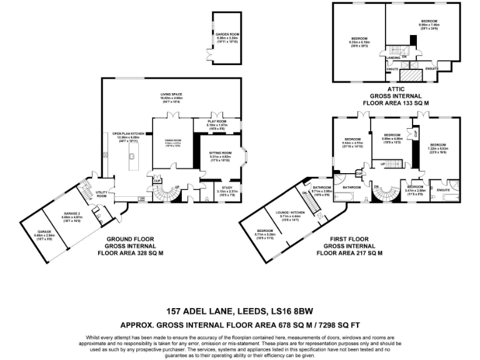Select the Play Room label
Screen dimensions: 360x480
tap(215, 123)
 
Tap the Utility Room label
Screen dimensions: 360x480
tap(101, 195)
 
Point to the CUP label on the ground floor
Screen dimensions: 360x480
tap(156, 181)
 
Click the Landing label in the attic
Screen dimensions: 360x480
tap(393, 57)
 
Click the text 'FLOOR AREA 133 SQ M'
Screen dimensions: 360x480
tap(396, 102)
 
